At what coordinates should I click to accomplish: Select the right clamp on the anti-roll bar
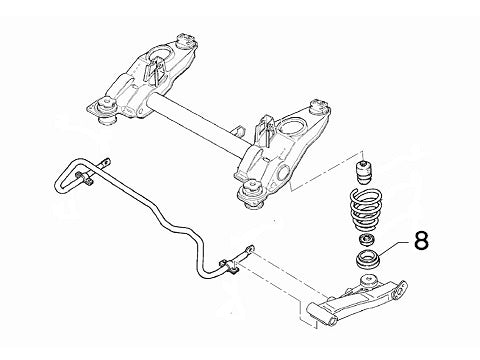[229, 266]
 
